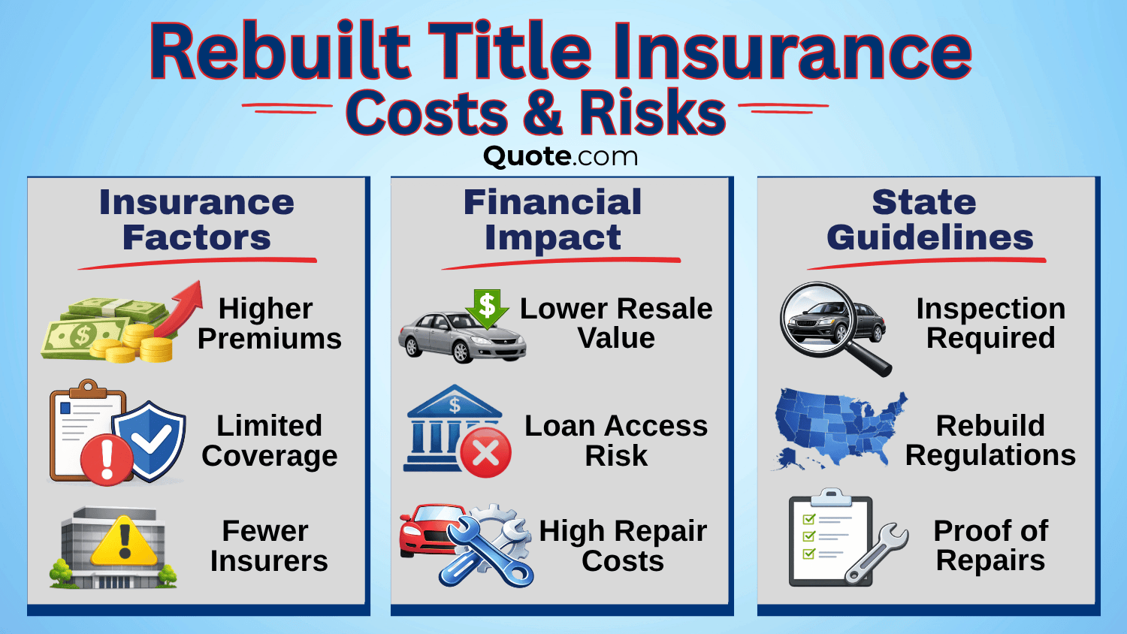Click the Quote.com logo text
pyautogui.click(x=560, y=156)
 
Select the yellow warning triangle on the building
pyautogui.click(x=125, y=543)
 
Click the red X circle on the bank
pyautogui.click(x=485, y=453)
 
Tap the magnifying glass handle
pyautogui.click(x=872, y=359)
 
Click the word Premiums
pyautogui.click(x=269, y=339)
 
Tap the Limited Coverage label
pyautogui.click(x=269, y=440)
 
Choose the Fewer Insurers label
pyautogui.click(x=268, y=546)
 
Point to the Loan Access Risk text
pyautogui.click(x=615, y=440)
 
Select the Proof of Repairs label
pyautogui.click(x=990, y=545)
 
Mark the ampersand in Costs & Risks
pyautogui.click(x=542, y=113)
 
